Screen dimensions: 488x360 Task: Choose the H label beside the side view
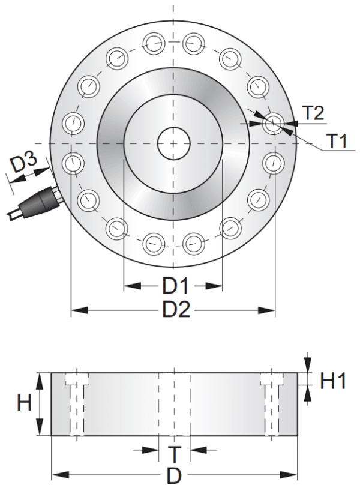click(x=24, y=403)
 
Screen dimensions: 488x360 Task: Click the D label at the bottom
click(x=173, y=475)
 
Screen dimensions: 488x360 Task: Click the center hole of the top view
click(x=173, y=143)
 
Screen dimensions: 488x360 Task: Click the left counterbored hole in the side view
click(x=76, y=405)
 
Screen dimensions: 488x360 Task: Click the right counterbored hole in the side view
click(x=271, y=405)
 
